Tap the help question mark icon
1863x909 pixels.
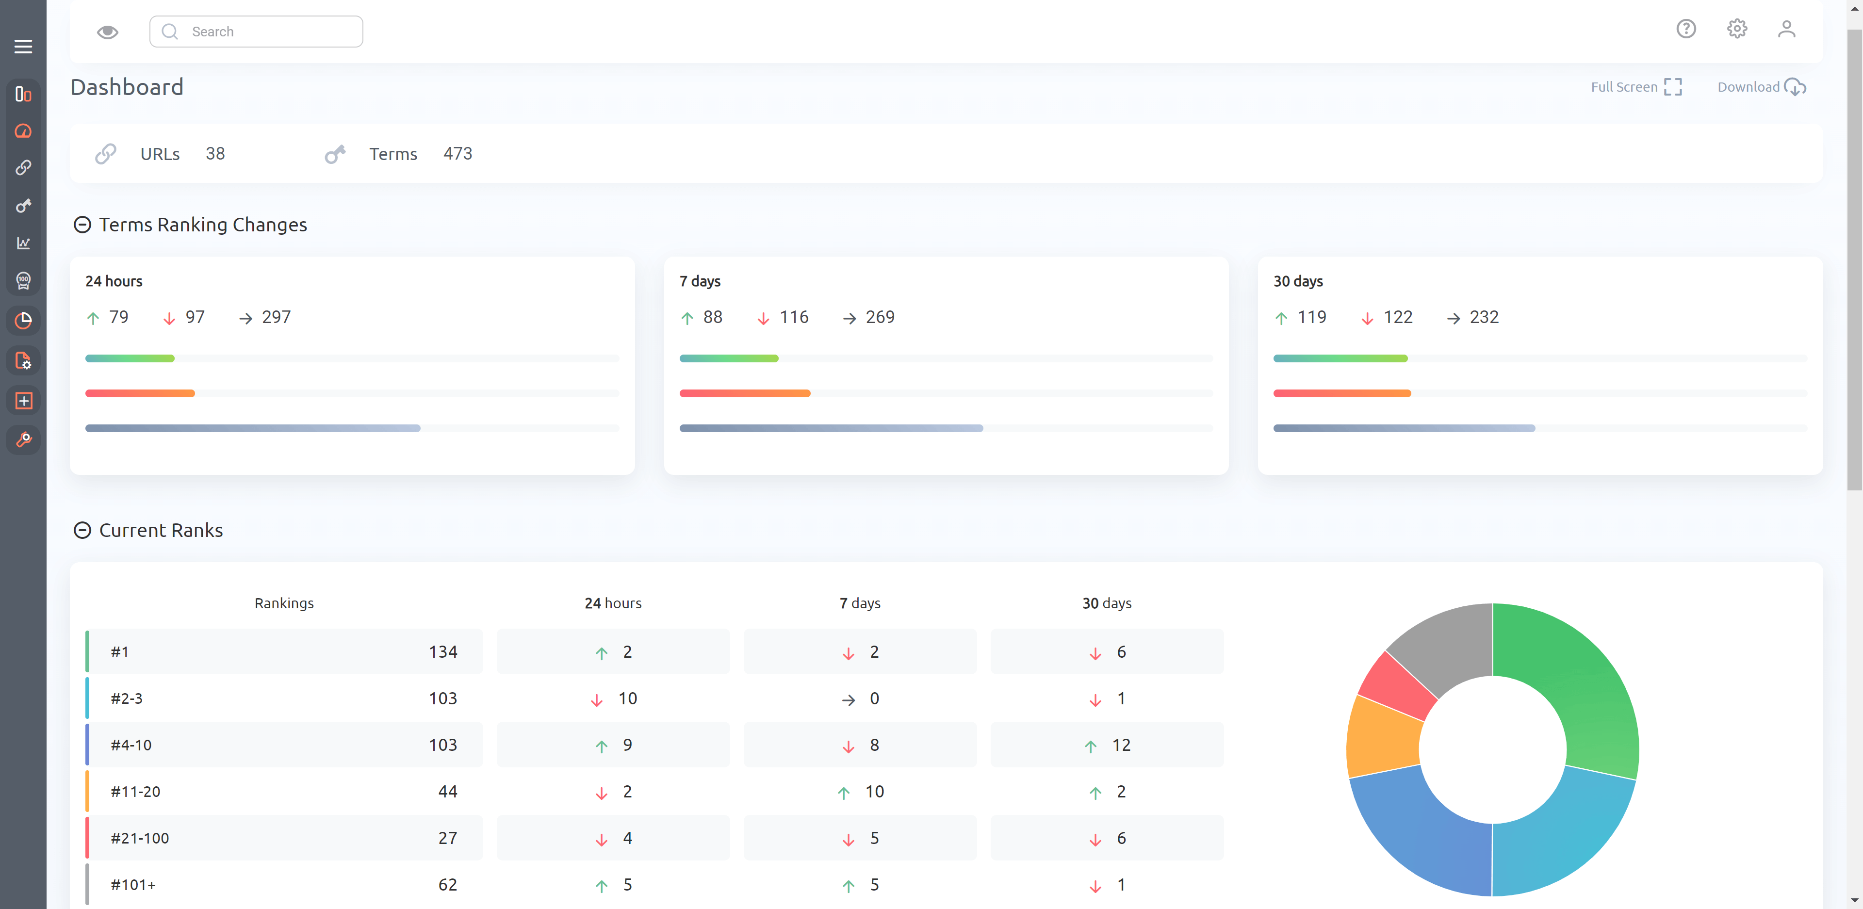coord(1686,29)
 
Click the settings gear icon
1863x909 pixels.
coord(1736,29)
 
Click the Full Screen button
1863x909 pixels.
coord(1636,87)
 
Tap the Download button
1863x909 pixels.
coord(1761,87)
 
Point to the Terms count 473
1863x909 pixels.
coord(457,154)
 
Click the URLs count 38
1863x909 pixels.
coord(215,154)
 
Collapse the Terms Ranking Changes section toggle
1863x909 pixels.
coord(82,225)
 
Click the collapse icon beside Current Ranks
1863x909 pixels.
coord(82,531)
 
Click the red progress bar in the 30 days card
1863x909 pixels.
coord(1341,393)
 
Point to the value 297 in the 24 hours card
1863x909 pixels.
coord(276,317)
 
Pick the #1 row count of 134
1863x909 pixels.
coord(442,652)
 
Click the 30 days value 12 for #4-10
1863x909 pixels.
coord(1120,746)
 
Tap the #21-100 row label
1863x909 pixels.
coord(140,839)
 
